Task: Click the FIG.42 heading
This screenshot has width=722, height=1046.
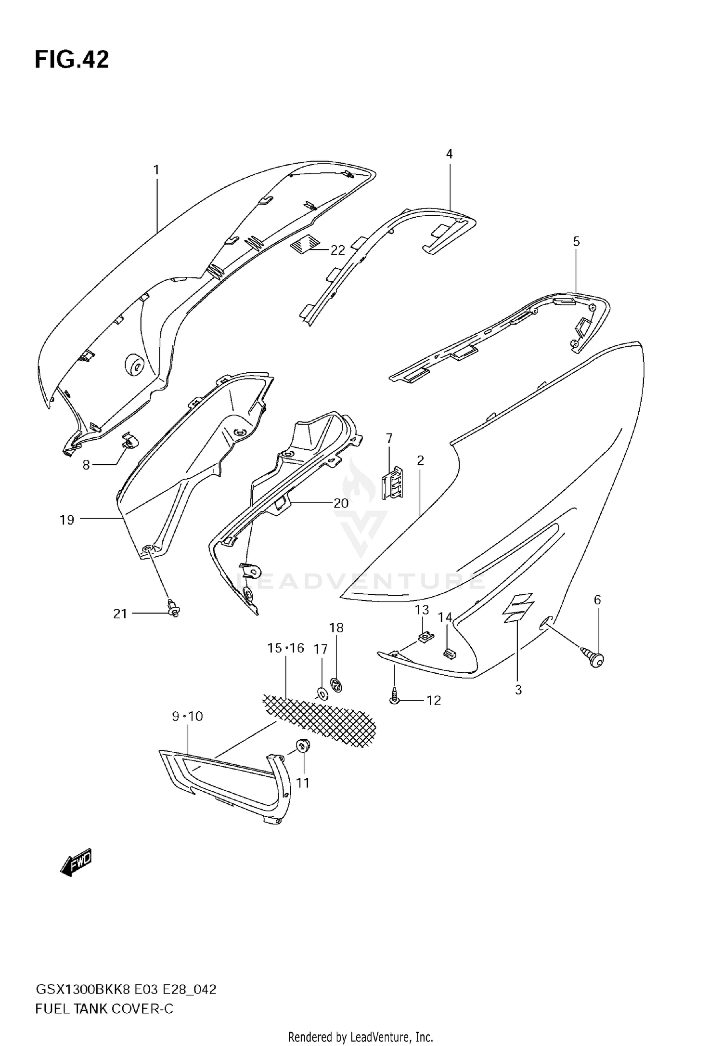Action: pyautogui.click(x=72, y=60)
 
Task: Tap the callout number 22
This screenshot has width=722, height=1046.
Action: pyautogui.click(x=337, y=250)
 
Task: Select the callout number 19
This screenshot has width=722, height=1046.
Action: pyautogui.click(x=67, y=520)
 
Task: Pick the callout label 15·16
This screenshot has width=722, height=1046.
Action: pyautogui.click(x=286, y=648)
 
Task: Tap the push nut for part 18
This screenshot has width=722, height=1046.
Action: pyautogui.click(x=336, y=684)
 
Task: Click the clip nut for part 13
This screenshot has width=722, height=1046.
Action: pyautogui.click(x=425, y=637)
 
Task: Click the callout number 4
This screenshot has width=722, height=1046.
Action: pyautogui.click(x=449, y=154)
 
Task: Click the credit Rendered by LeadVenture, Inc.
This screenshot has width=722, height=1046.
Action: pyautogui.click(x=361, y=1036)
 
